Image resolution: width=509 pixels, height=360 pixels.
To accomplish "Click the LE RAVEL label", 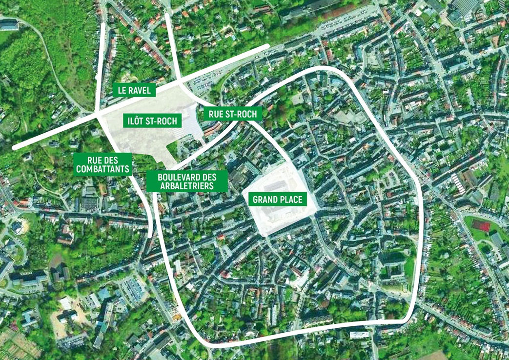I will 134,90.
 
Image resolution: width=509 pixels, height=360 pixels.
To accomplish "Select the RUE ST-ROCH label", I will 232,114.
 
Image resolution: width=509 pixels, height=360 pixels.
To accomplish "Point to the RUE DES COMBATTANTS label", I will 102,164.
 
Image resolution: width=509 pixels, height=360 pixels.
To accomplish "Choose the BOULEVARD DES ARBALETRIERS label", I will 187,181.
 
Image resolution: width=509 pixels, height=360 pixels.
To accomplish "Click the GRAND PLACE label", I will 277,199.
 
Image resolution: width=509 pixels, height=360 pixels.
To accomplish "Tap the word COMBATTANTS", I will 102,170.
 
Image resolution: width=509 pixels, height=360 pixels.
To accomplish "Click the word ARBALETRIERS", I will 187,186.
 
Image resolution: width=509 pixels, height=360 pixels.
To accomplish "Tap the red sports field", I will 480,226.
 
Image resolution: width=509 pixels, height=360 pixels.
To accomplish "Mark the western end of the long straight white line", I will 15,147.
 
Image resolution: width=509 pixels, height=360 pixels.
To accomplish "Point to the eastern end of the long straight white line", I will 267,46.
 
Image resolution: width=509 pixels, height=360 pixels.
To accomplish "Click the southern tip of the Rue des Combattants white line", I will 149,236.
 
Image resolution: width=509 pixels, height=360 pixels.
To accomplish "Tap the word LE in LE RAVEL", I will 122,90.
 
